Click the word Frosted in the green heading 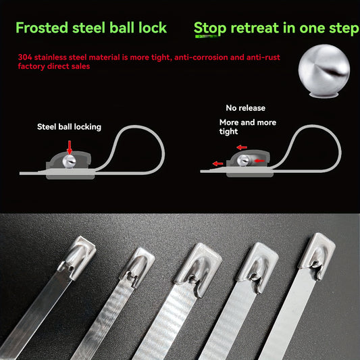(x=42, y=28)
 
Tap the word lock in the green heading (x=153, y=28)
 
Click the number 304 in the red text (x=25, y=57)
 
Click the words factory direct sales (x=54, y=66)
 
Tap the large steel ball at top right (x=324, y=70)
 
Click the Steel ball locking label (x=69, y=127)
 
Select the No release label (x=245, y=108)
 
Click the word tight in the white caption (x=228, y=132)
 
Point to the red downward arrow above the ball (x=70, y=147)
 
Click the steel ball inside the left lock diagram (x=69, y=161)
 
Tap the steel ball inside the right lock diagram (x=243, y=161)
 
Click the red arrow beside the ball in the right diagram (x=259, y=161)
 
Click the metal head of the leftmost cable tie (x=77, y=257)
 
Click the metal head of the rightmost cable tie (x=317, y=255)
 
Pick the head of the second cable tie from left (x=138, y=267)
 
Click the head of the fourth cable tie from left (x=258, y=267)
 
